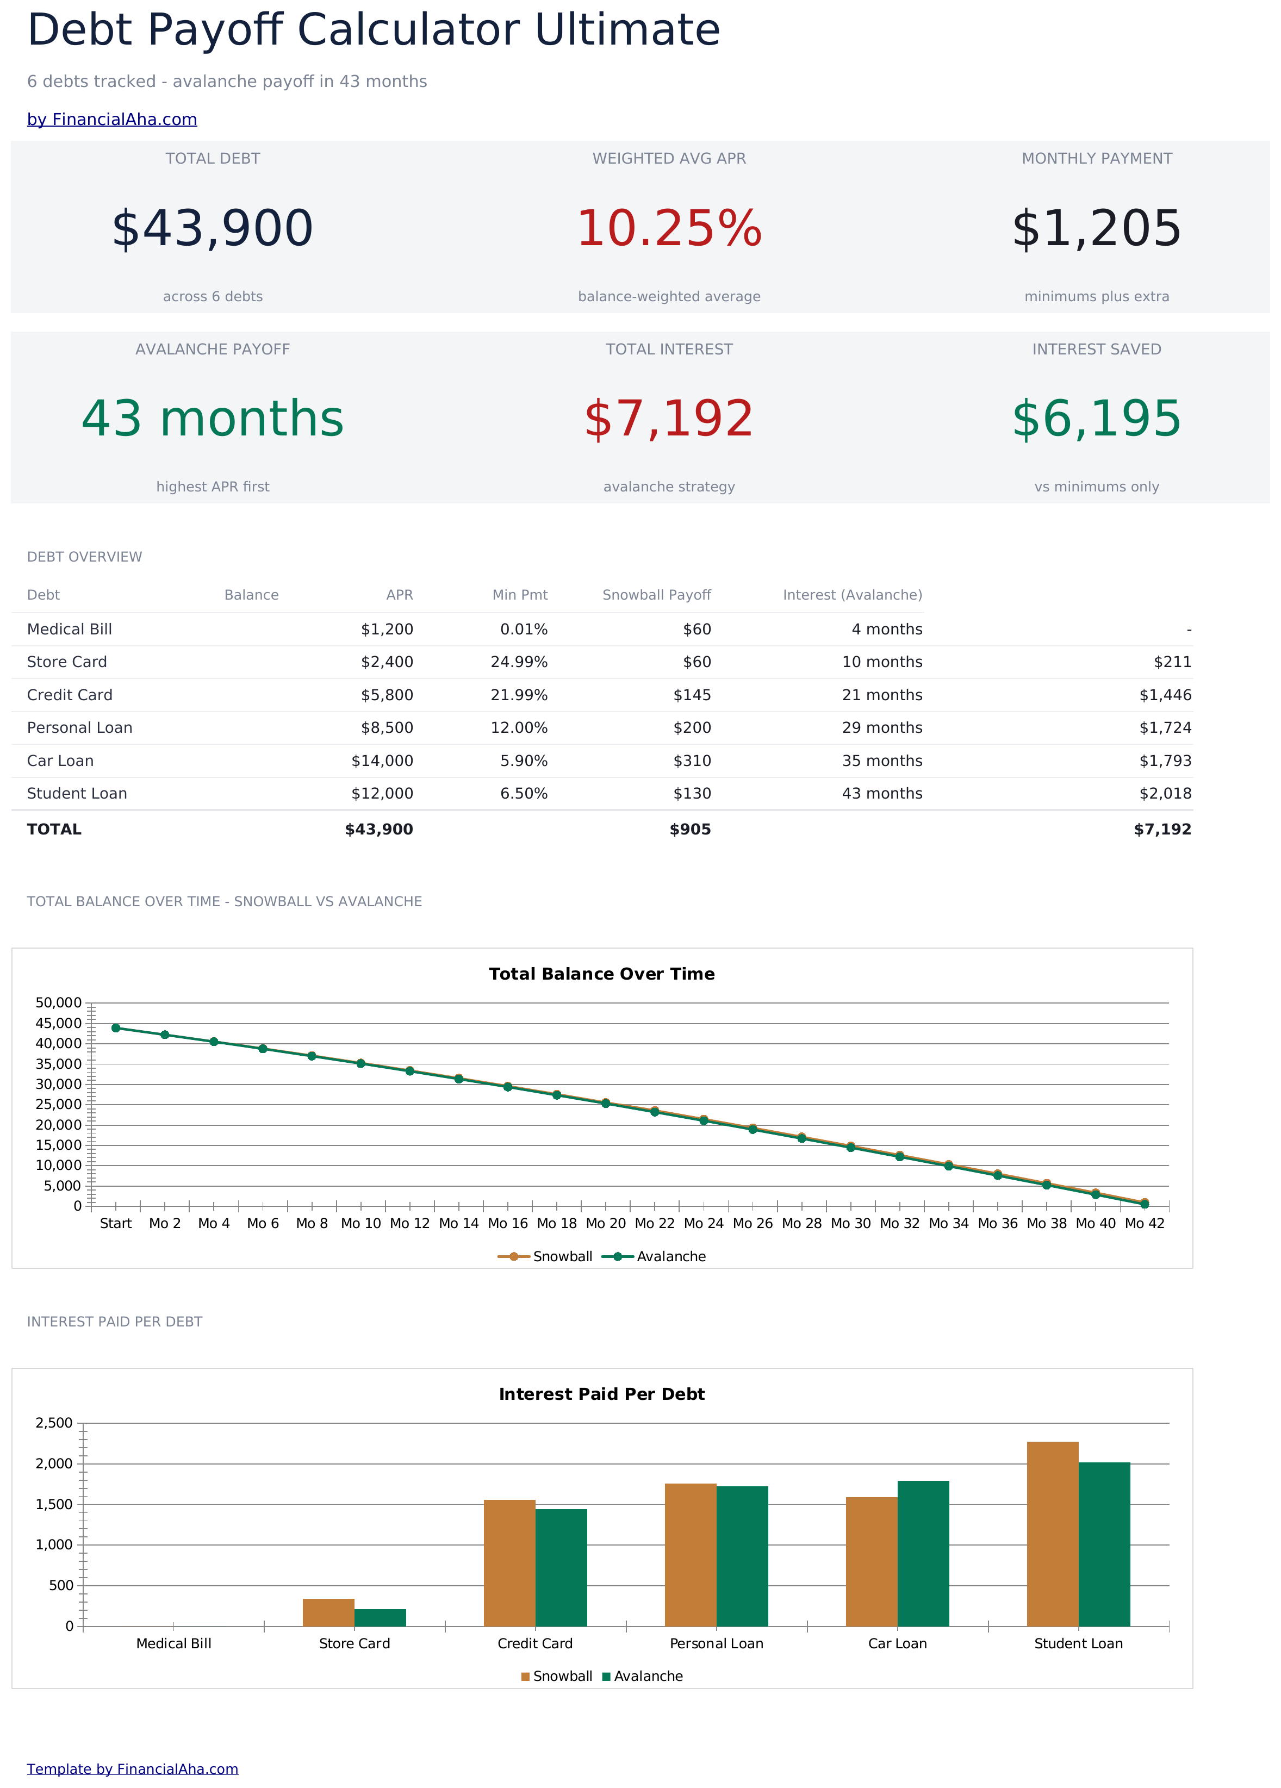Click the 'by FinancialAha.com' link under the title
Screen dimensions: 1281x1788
(112, 119)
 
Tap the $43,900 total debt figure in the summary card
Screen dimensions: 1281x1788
(213, 229)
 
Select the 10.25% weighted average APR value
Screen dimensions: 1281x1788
(669, 229)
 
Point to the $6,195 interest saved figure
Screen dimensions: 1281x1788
(1097, 419)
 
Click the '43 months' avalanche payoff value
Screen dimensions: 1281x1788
(213, 419)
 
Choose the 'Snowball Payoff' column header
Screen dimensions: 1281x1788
(657, 595)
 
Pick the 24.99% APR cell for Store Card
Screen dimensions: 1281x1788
(519, 662)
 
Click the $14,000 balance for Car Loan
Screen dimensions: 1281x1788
(382, 761)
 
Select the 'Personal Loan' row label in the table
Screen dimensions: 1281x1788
(79, 728)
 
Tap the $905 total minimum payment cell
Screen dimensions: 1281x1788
(691, 830)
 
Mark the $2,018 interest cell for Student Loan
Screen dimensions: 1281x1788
(1165, 793)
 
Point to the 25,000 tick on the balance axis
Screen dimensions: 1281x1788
(58, 1105)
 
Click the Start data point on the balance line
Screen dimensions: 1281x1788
(116, 1028)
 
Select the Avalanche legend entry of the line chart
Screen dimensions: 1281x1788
(654, 1257)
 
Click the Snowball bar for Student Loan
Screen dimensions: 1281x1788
(1053, 1534)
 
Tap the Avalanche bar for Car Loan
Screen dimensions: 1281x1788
(923, 1554)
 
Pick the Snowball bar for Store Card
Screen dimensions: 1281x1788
(329, 1612)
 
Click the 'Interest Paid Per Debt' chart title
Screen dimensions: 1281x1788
(601, 1394)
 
